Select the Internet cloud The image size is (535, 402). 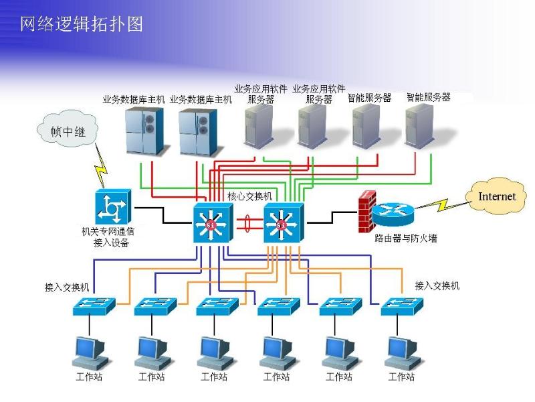[x=496, y=196]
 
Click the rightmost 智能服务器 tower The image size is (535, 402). [x=420, y=125]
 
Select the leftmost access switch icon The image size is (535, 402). [x=94, y=307]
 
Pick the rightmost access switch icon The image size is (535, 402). [x=403, y=307]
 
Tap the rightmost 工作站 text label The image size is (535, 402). [x=402, y=377]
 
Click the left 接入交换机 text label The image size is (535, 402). [x=67, y=287]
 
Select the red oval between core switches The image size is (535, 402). [x=247, y=222]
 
